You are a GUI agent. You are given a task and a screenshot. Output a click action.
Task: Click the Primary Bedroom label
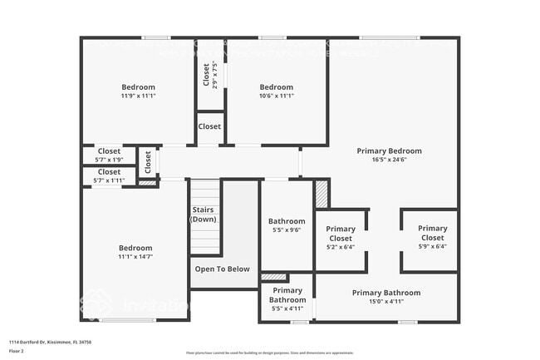pyautogui.click(x=389, y=150)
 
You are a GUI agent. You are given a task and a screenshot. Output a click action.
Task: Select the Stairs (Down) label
pyautogui.click(x=204, y=215)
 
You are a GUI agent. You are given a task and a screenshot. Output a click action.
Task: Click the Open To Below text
pyautogui.click(x=222, y=269)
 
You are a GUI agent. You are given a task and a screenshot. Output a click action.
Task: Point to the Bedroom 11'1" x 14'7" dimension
pyautogui.click(x=135, y=257)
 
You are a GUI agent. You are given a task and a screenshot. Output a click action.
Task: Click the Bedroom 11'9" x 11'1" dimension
pyautogui.click(x=138, y=96)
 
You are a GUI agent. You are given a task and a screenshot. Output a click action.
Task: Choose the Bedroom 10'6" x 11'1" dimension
pyautogui.click(x=276, y=96)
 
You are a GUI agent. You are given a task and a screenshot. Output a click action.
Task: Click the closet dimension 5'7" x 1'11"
pyautogui.click(x=109, y=180)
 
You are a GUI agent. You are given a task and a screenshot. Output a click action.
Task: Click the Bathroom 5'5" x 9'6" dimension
pyautogui.click(x=287, y=231)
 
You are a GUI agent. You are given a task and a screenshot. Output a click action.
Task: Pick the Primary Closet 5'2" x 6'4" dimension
pyautogui.click(x=340, y=247)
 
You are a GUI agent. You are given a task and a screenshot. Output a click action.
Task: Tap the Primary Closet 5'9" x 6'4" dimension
pyautogui.click(x=432, y=247)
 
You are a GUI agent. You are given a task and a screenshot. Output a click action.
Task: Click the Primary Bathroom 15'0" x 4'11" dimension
pyautogui.click(x=385, y=302)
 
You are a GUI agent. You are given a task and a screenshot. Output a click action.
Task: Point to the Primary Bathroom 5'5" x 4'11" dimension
pyautogui.click(x=287, y=308)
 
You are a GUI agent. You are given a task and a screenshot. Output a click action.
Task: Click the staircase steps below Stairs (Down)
pyautogui.click(x=205, y=241)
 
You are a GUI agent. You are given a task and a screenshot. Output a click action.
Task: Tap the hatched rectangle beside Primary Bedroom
pyautogui.click(x=321, y=195)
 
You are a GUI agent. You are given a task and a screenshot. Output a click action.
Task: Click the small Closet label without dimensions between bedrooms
pyautogui.click(x=209, y=126)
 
